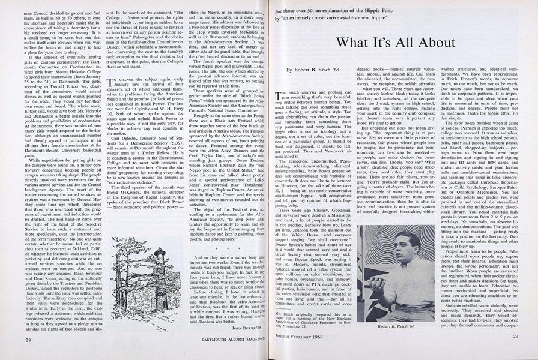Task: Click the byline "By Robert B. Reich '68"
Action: click(322, 71)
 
